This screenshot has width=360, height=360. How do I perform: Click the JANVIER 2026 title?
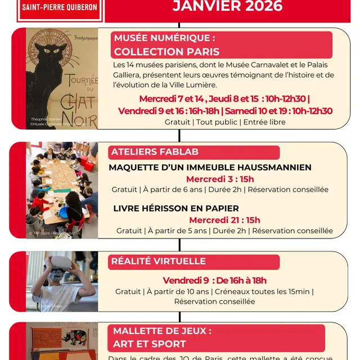tap(227, 7)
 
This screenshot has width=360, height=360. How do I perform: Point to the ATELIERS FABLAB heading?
tap(155, 152)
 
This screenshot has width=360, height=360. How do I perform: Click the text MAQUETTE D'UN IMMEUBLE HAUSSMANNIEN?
tap(210, 167)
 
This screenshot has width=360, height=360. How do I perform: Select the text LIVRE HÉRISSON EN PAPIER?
tap(176, 208)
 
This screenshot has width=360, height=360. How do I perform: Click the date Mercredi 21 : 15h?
tap(224, 220)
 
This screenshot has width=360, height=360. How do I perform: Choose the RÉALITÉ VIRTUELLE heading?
tap(158, 261)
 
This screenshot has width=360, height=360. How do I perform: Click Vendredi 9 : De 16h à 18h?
tap(214, 280)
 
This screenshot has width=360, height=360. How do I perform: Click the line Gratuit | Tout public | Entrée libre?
tap(225, 122)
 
